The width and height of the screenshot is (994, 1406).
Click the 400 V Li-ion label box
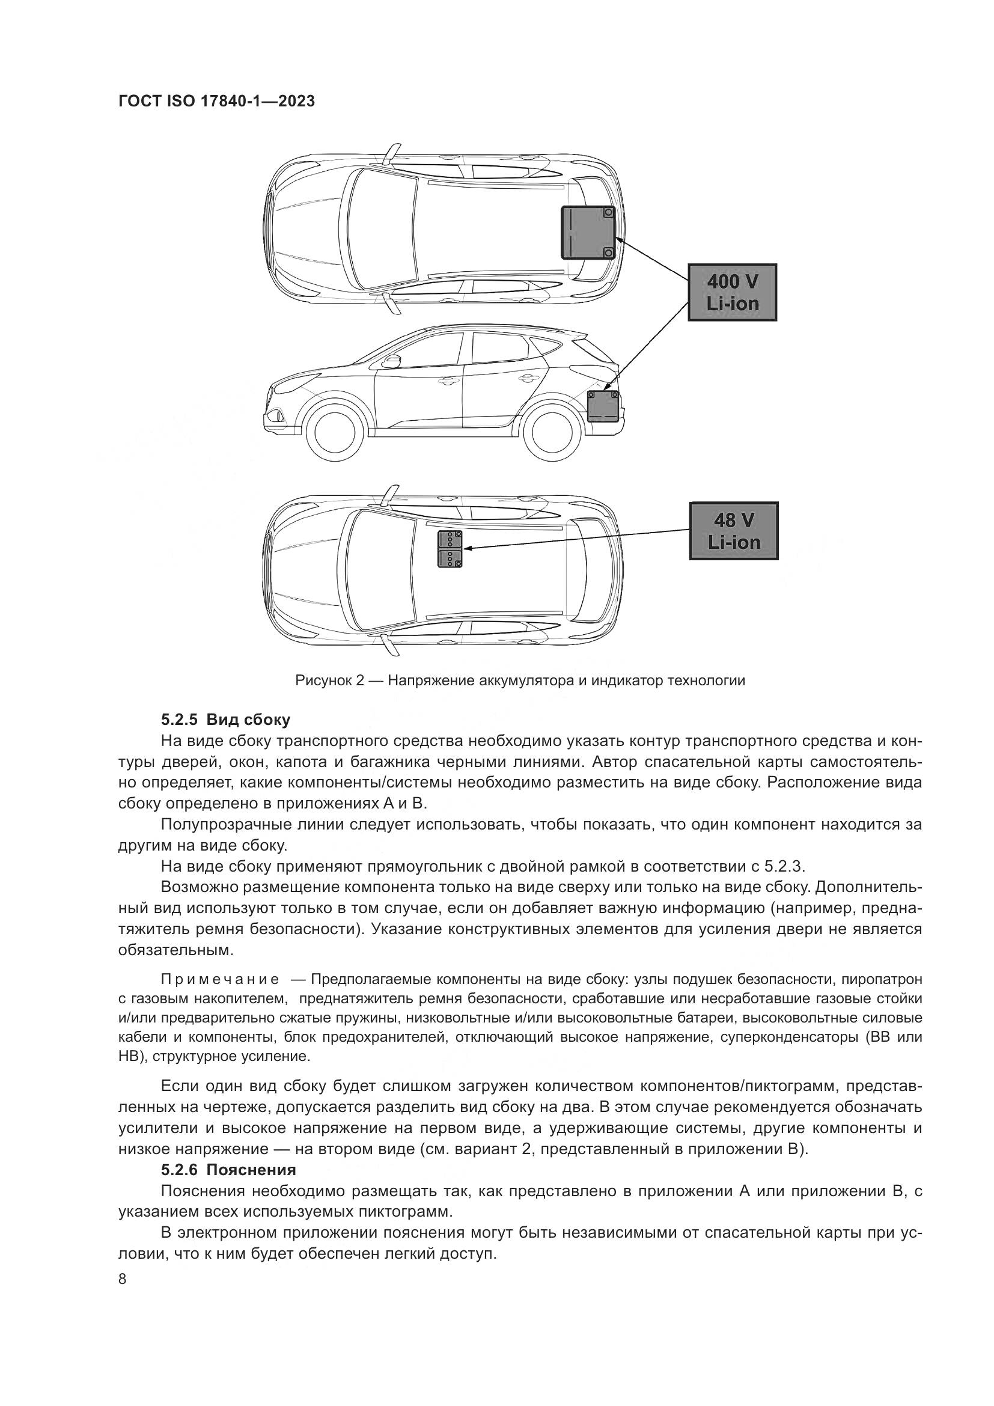732,292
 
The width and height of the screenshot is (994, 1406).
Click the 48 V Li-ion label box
733,530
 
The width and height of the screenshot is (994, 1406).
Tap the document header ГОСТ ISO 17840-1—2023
216,101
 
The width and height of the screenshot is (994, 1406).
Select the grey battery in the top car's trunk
588,232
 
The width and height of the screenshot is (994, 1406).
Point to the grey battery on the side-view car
603,405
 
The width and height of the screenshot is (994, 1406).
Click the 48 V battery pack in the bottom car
450,549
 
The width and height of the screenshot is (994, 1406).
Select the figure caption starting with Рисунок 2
520,680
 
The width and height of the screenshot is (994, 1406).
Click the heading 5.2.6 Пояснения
228,1170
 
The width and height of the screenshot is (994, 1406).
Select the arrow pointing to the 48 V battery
575,539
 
